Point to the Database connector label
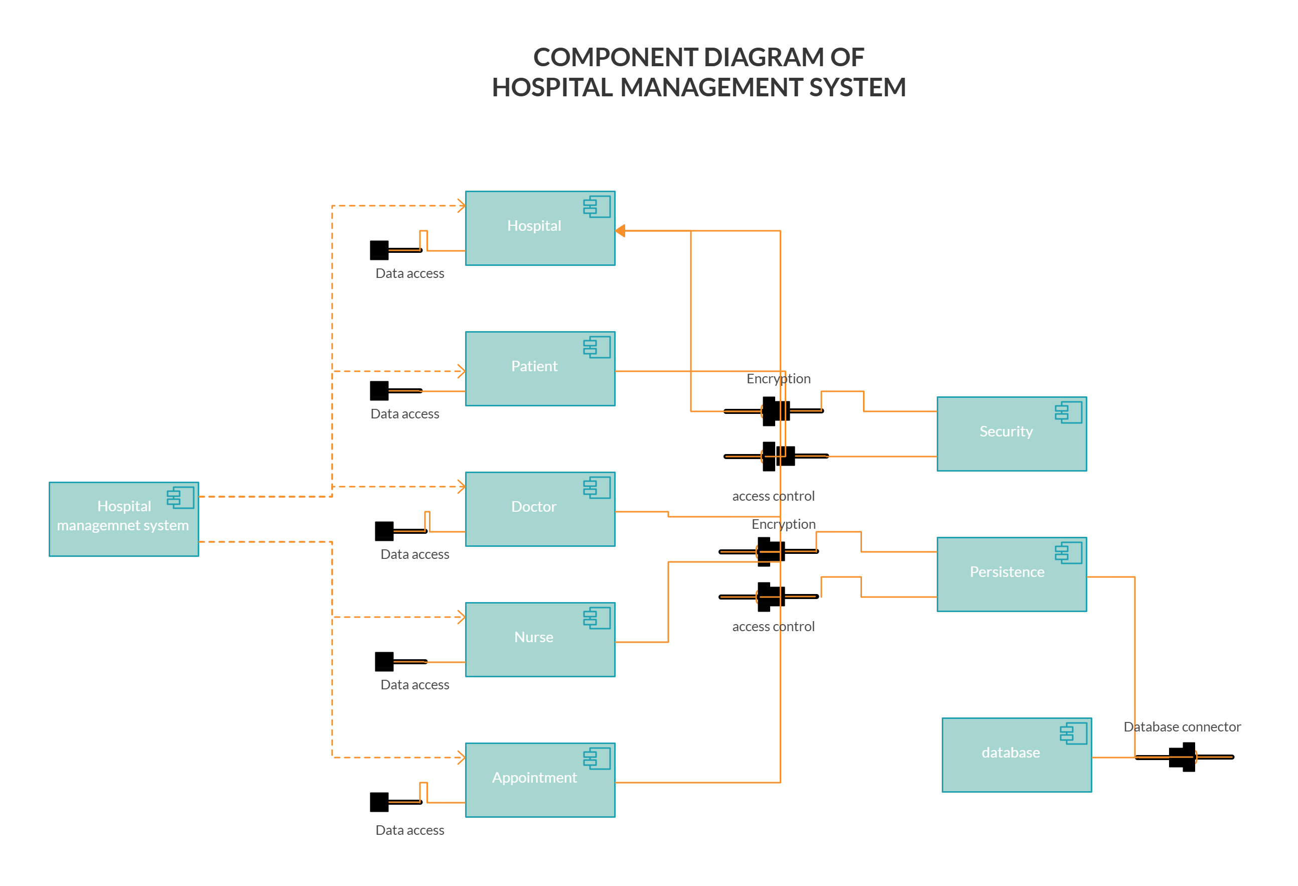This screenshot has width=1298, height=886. [x=1182, y=726]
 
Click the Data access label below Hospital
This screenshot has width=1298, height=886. [x=409, y=273]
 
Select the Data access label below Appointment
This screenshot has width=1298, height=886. [x=409, y=830]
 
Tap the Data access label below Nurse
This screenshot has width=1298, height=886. [x=414, y=684]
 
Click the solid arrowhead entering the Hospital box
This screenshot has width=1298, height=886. [x=620, y=230]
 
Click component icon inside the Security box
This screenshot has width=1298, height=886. [x=1068, y=412]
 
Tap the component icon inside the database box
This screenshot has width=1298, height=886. [x=1073, y=733]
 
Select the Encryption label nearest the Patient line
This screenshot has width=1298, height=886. [x=778, y=378]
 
